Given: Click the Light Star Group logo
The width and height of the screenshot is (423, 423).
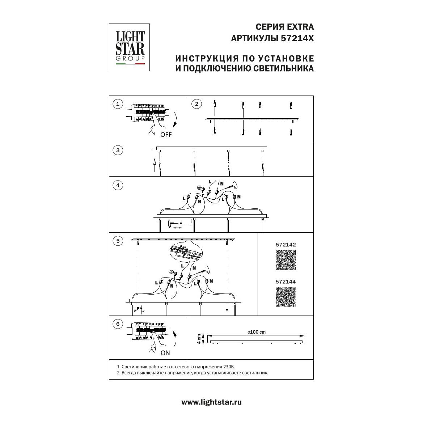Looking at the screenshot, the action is click(129, 47).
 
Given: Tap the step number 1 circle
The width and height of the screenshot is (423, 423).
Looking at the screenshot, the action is click(118, 104).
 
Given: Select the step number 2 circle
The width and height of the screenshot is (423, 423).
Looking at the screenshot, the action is click(196, 104).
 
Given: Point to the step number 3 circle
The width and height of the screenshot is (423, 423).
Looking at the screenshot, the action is click(118, 150).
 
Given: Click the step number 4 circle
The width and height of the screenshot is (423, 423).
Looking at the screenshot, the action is click(118, 185).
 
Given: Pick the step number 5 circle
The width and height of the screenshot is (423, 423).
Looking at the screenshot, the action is click(118, 241).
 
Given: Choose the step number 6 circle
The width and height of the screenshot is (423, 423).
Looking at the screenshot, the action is click(118, 324).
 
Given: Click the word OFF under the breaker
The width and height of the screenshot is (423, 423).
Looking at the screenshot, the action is click(166, 135).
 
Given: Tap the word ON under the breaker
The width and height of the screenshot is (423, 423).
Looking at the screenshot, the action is click(165, 353).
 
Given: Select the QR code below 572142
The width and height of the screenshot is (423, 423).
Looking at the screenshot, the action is click(286, 260).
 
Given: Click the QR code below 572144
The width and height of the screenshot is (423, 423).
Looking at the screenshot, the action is click(286, 297).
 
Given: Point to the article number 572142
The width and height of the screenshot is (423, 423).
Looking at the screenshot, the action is click(286, 245).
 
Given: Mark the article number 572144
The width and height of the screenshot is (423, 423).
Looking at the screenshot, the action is click(286, 282).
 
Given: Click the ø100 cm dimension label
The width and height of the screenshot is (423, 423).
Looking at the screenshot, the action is click(257, 332).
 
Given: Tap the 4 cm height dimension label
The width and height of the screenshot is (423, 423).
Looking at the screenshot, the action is click(199, 339).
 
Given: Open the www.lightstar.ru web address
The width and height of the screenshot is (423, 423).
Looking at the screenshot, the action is click(211, 402).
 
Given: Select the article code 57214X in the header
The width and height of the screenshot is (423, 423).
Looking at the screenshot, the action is click(297, 39).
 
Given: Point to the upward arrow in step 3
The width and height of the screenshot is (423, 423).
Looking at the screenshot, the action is click(154, 165).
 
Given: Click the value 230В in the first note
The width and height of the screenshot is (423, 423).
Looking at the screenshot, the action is click(229, 367).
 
